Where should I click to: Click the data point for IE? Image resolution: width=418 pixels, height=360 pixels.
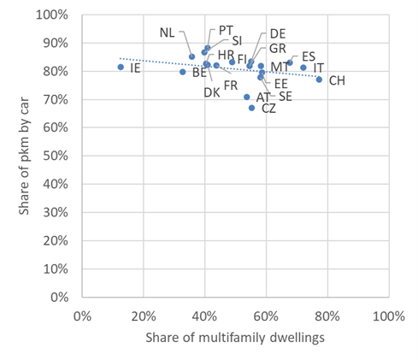pos(121,67)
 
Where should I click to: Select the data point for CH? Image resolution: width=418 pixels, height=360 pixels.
pos(319,80)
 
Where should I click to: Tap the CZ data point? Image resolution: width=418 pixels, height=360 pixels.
pos(251,108)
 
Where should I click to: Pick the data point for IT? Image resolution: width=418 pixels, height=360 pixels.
pos(303,68)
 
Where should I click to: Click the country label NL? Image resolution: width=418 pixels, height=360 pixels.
pos(168,32)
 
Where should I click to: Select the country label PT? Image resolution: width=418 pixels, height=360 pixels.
pos(226,29)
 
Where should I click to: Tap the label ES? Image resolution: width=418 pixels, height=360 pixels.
pos(309,56)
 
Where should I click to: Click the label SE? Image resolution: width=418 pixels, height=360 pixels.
pos(285,97)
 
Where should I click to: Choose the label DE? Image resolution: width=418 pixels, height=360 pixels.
pos(278,33)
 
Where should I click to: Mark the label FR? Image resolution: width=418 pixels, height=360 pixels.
pos(231,85)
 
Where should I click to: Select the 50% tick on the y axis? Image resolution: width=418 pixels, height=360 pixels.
pos(57,156)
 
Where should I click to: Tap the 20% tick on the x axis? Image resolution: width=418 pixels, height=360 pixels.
pos(143,314)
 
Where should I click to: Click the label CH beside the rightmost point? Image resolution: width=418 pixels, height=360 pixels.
pos(337,80)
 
